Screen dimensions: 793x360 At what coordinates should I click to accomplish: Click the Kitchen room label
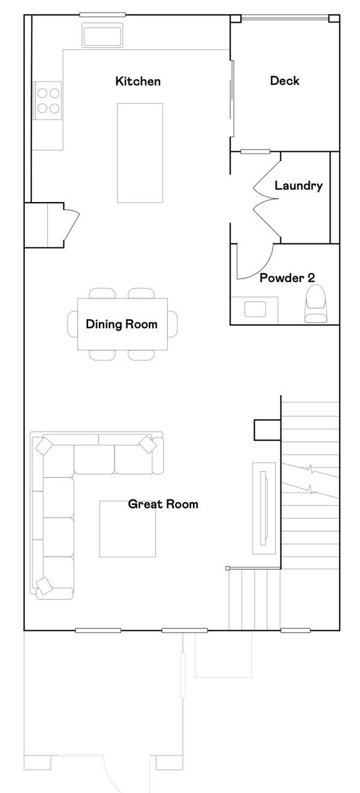pos(138,81)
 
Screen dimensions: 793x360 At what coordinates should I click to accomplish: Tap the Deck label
pos(285,81)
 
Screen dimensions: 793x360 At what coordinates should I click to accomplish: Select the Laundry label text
pos(298,186)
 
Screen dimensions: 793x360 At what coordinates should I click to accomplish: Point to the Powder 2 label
pos(287,278)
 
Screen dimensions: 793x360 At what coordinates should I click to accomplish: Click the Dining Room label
pos(121,324)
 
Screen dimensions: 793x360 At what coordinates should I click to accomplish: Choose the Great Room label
pos(163,504)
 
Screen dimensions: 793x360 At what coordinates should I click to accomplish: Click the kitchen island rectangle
pos(139,153)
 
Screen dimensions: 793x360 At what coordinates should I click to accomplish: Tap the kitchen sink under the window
pos(103,36)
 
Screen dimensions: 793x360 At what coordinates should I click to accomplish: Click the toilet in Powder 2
pos(316,305)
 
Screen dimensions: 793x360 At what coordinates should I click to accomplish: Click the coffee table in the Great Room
pos(127,529)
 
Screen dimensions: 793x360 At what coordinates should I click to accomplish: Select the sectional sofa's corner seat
pos(58,461)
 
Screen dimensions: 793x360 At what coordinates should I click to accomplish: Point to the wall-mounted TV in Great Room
pos(264,508)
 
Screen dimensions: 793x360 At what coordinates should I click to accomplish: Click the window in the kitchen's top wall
pos(103,14)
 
